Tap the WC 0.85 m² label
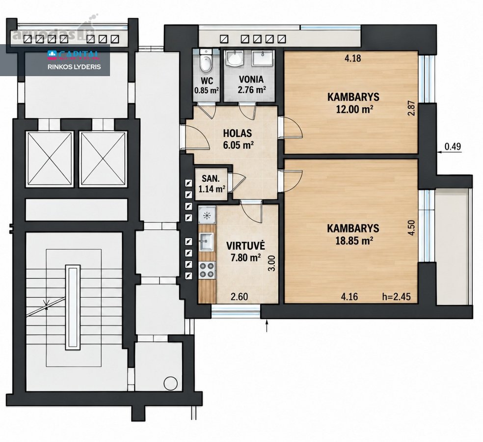[207, 85]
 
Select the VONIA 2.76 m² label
[251, 84]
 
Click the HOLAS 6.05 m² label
[238, 139]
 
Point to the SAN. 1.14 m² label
[211, 183]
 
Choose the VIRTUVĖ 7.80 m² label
[245, 251]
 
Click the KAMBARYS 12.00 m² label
[353, 103]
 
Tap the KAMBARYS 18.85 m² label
[353, 234]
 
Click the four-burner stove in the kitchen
[207, 270]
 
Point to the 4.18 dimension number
[353, 58]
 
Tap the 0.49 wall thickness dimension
[453, 146]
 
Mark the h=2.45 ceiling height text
[397, 297]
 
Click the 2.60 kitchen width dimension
[240, 297]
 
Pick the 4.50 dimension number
[411, 227]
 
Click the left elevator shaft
[50, 159]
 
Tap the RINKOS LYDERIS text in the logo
[74, 67]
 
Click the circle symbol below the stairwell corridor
[170, 384]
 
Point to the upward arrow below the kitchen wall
[267, 326]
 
